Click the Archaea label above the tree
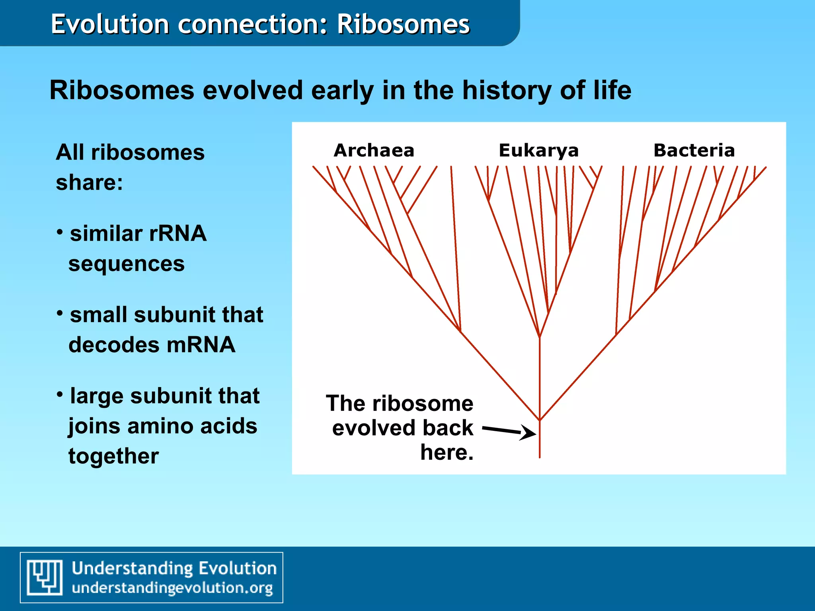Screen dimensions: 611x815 [x=374, y=150]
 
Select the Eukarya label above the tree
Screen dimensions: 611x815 [x=538, y=150]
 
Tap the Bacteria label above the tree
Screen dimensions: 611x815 [x=694, y=150]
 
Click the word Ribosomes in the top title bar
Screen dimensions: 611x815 [x=403, y=24]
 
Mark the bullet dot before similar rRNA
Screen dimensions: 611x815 [x=60, y=232]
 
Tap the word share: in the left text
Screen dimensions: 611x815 [x=89, y=183]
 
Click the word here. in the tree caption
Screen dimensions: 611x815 [x=447, y=452]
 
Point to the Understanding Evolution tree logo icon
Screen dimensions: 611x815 [x=45, y=577]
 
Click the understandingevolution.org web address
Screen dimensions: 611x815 [x=172, y=588]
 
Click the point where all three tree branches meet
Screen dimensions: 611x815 [x=540, y=420]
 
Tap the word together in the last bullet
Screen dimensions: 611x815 [x=113, y=456]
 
